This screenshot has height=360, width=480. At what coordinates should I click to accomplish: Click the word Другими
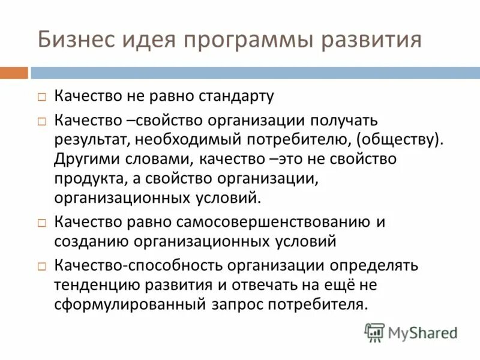click(x=85, y=159)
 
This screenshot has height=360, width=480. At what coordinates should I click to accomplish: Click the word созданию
click(x=89, y=242)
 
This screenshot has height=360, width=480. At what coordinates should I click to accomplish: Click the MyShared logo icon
click(x=375, y=332)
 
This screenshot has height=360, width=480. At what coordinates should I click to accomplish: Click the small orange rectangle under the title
click(x=14, y=73)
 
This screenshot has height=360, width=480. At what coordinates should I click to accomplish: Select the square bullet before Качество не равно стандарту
click(x=42, y=97)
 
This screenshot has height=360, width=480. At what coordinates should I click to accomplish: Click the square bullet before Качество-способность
click(x=42, y=265)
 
